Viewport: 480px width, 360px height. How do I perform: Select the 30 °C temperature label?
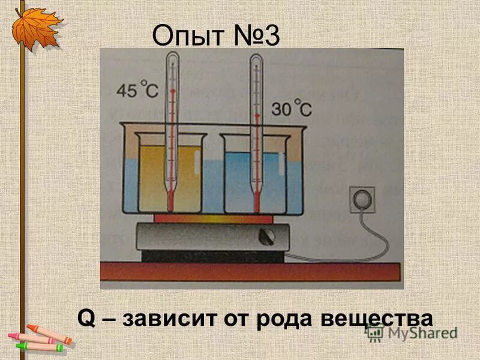pos(292,110)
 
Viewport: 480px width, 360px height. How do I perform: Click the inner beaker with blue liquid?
pos(252,180)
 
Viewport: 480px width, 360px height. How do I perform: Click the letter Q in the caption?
pos(87,316)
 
